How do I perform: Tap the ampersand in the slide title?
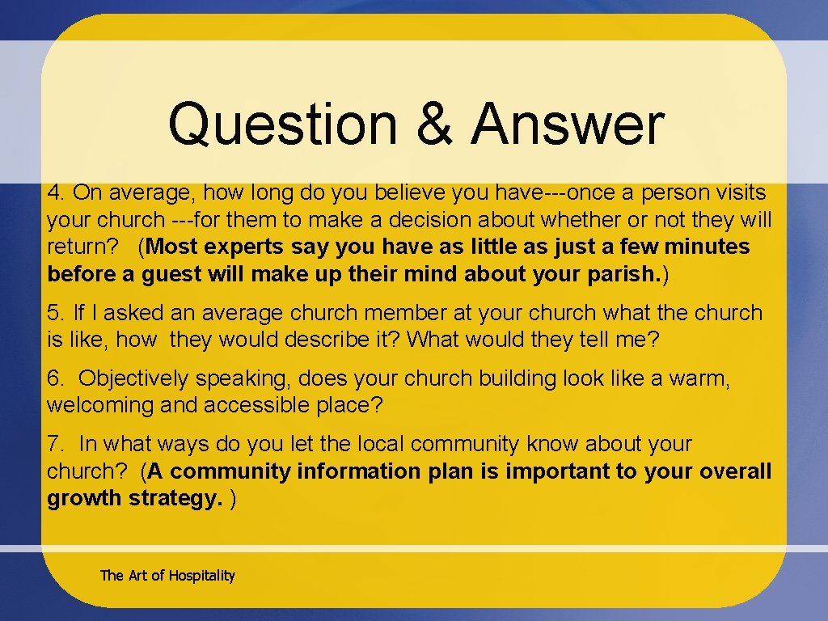tap(433, 125)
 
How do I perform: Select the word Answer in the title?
tap(568, 125)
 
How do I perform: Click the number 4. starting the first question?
tap(56, 192)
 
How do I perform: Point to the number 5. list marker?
tap(56, 312)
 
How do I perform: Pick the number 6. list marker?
tap(56, 378)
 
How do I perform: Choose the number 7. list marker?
tap(56, 444)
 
